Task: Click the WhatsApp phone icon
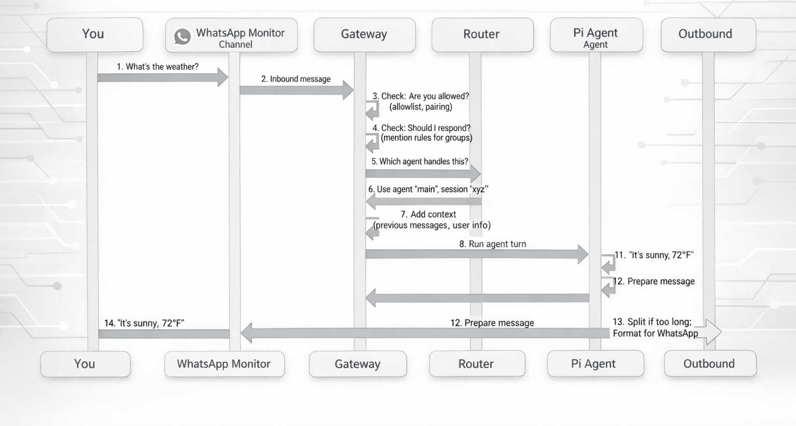pyautogui.click(x=182, y=36)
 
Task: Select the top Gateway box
pyautogui.click(x=364, y=34)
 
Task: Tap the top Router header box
pyautogui.click(x=482, y=34)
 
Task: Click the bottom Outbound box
pyautogui.click(x=709, y=364)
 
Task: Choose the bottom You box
pyautogui.click(x=85, y=364)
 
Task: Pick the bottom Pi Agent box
pyautogui.click(x=594, y=364)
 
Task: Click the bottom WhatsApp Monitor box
pyautogui.click(x=224, y=364)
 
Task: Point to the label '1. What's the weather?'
pyautogui.click(x=158, y=67)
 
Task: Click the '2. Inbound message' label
pyautogui.click(x=296, y=79)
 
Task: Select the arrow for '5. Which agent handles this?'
pyautogui.click(x=422, y=174)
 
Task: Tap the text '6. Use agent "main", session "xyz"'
pyautogui.click(x=428, y=189)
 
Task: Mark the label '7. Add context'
pyautogui.click(x=428, y=214)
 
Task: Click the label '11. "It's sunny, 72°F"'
pyautogui.click(x=654, y=255)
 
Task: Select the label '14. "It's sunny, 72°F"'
pyautogui.click(x=144, y=323)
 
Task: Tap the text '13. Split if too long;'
pyautogui.click(x=652, y=322)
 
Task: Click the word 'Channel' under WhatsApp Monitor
pyautogui.click(x=235, y=45)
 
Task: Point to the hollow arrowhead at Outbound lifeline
pyautogui.click(x=713, y=332)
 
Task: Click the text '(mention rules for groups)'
pyautogui.click(x=427, y=138)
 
